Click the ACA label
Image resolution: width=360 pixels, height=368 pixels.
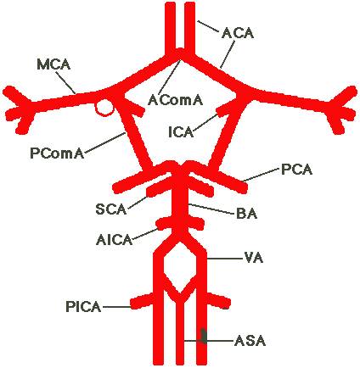coord(238,33)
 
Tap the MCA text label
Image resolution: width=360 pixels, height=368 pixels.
coord(53,64)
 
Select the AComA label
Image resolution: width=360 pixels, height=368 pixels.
coord(175,100)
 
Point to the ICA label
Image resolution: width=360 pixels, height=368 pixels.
coord(181,132)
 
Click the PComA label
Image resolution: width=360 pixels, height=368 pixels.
coord(57,153)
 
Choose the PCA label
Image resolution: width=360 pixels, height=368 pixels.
coord(296,170)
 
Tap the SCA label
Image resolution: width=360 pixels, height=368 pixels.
coord(110,209)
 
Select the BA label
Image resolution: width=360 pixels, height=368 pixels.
coord(246,214)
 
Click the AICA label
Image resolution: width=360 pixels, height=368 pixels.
coord(114,240)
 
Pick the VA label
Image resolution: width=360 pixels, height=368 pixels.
coord(254,258)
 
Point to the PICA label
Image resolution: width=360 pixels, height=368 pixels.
coord(83,307)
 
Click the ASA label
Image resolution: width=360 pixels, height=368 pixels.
coord(250,341)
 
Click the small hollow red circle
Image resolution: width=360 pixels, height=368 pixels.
coord(104,107)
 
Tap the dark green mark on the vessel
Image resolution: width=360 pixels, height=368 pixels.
coord(203,336)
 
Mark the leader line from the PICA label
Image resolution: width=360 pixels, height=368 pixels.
coord(116,307)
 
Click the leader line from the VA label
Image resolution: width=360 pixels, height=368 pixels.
coord(225,259)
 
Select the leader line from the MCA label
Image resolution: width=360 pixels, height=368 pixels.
coord(65,82)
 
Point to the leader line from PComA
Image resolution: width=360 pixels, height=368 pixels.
coord(104,142)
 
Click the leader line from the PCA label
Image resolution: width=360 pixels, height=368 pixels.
coord(261,175)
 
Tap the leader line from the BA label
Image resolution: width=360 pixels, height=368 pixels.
coord(211,209)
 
